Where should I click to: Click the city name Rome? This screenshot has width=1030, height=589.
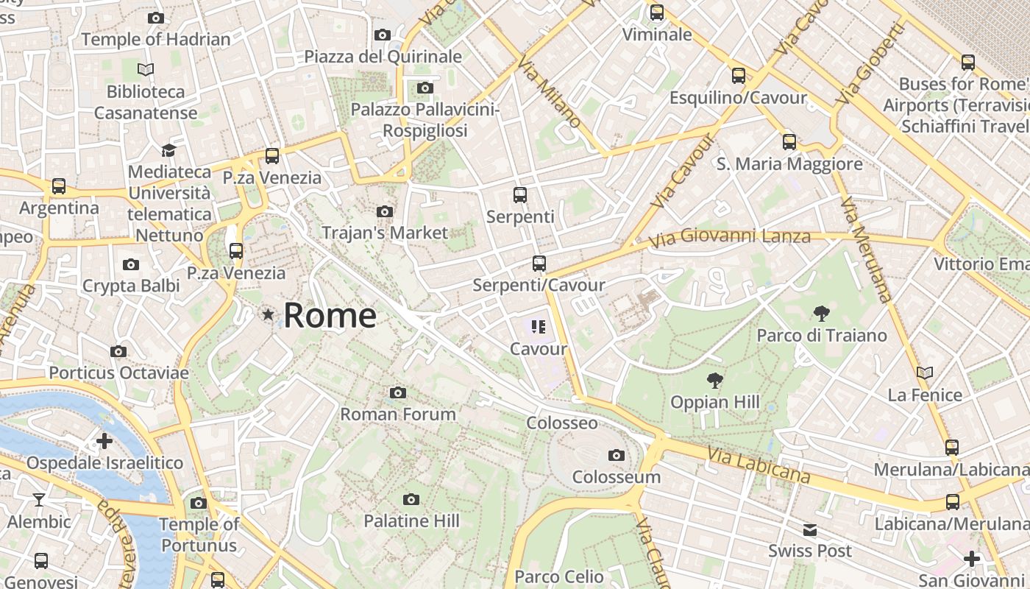pyautogui.click(x=330, y=315)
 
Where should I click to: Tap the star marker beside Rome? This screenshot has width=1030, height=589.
pyautogui.click(x=269, y=315)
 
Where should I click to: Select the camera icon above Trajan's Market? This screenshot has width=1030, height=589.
pyautogui.click(x=384, y=212)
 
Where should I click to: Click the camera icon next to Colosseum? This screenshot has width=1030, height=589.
pyautogui.click(x=617, y=455)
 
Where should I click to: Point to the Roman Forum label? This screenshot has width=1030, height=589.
pyautogui.click(x=397, y=415)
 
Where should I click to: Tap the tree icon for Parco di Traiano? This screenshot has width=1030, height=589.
pyautogui.click(x=821, y=314)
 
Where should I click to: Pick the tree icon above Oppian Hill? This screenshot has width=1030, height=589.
pyautogui.click(x=714, y=381)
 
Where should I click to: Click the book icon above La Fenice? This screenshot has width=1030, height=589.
pyautogui.click(x=924, y=373)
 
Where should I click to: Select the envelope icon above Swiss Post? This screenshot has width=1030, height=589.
pyautogui.click(x=809, y=529)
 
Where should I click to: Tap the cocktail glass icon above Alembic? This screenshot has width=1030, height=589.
pyautogui.click(x=39, y=500)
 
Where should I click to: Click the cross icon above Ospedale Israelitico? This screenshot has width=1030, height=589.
pyautogui.click(x=104, y=441)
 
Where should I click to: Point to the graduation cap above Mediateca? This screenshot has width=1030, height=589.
pyautogui.click(x=168, y=150)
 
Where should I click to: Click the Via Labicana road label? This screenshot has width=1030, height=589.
pyautogui.click(x=759, y=465)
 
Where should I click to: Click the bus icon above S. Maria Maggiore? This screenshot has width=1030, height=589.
pyautogui.click(x=789, y=142)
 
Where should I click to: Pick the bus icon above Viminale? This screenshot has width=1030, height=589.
pyautogui.click(x=657, y=13)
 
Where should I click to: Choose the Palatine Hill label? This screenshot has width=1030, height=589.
pyautogui.click(x=411, y=521)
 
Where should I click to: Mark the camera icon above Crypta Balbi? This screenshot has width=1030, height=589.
pyautogui.click(x=131, y=264)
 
